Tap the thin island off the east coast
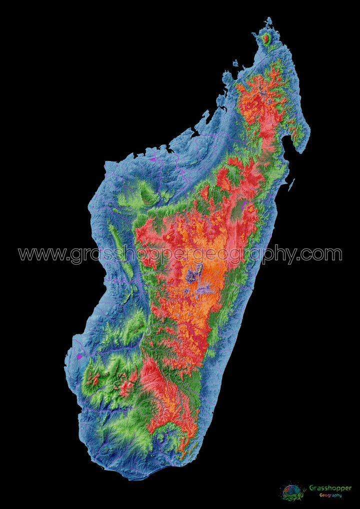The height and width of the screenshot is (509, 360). pyautogui.click(x=291, y=185)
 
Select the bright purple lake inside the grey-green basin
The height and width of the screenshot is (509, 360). pyautogui.click(x=244, y=204)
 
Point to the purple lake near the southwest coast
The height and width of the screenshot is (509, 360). pyautogui.click(x=79, y=357)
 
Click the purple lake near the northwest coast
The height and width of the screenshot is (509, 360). pyautogui.click(x=153, y=159)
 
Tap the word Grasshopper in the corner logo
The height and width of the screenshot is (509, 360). pyautogui.click(x=330, y=488)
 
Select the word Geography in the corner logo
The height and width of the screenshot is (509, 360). pyautogui.click(x=331, y=495)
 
